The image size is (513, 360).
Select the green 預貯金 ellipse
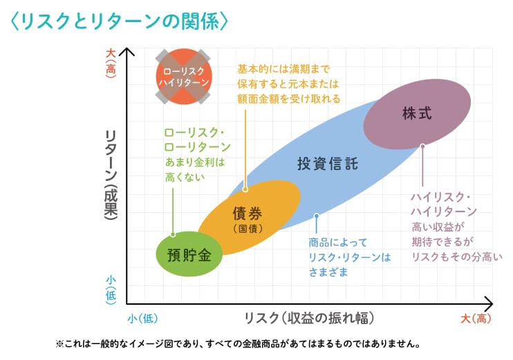pos(189,254)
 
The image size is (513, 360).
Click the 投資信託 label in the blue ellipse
pos(327,164)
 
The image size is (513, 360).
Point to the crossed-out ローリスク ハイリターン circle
pos(183,76)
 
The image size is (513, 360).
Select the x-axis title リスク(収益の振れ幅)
pos(309,318)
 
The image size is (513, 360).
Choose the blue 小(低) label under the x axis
pos(143,319)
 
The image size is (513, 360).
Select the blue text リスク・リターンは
pos(349,257)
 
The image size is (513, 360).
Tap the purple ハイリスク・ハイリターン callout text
pos(443,203)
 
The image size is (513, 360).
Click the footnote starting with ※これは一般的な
pos(238,343)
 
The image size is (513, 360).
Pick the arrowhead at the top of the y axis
pos(127,51)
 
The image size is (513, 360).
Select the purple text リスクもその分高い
pos(456,256)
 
